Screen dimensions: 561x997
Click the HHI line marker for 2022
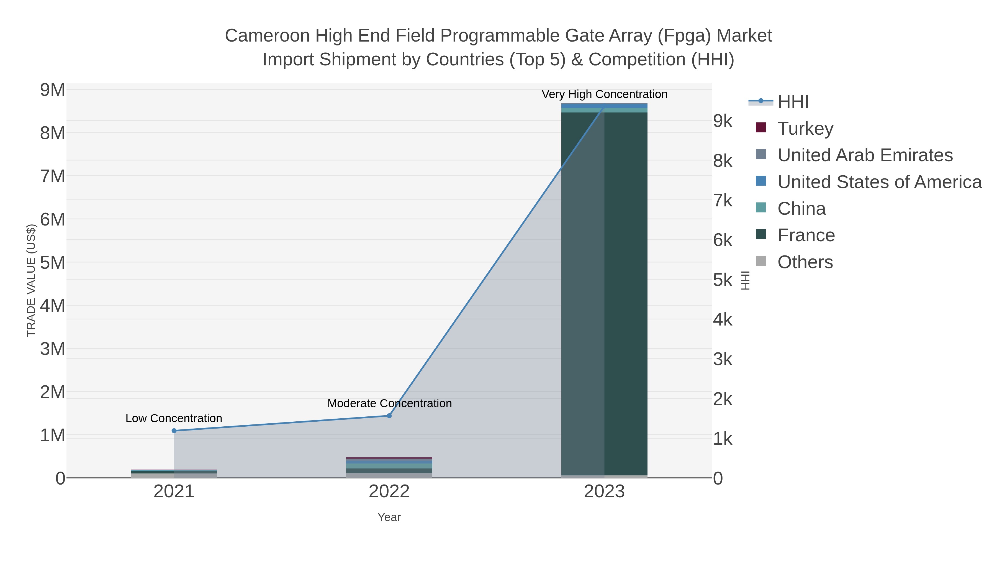pyautogui.click(x=389, y=416)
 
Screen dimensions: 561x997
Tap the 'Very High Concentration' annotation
pyautogui.click(x=604, y=94)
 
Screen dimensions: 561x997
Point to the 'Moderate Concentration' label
pyautogui.click(x=389, y=403)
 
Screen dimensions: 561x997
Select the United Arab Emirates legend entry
pyautogui.click(x=865, y=155)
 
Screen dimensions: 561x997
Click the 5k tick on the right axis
pyautogui.click(x=723, y=280)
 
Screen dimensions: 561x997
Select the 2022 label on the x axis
pyautogui.click(x=389, y=492)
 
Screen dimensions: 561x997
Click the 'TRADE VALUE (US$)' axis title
pyautogui.click(x=31, y=280)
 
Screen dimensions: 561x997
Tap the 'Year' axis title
pyautogui.click(x=389, y=517)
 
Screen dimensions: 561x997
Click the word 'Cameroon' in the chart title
pyautogui.click(x=267, y=36)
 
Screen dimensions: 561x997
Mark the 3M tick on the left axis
pyautogui.click(x=53, y=349)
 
